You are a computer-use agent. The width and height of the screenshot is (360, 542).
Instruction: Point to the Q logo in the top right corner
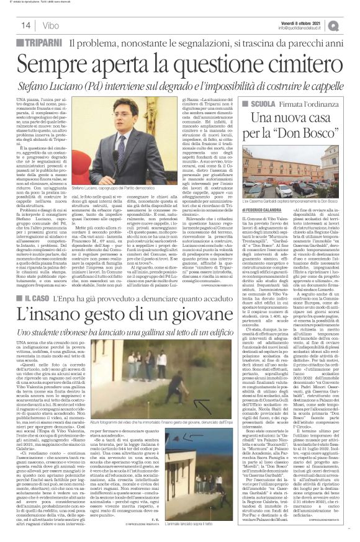[x=351, y=25]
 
